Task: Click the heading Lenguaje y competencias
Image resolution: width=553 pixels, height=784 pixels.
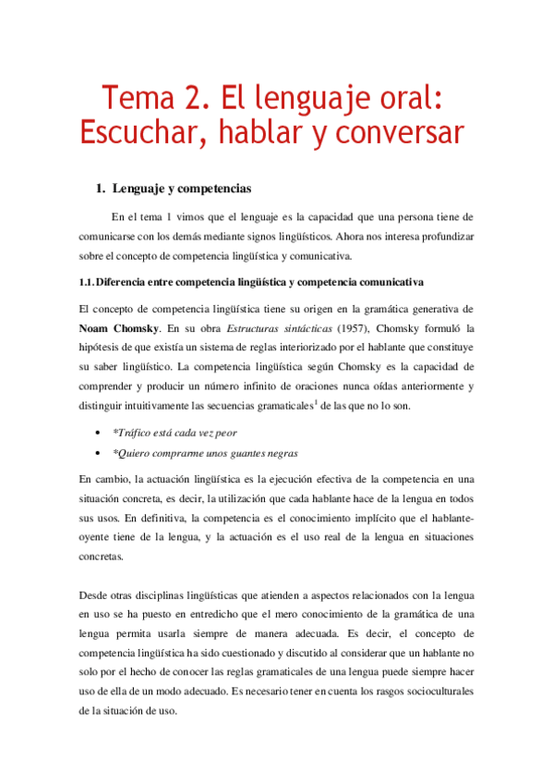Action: pyautogui.click(x=181, y=189)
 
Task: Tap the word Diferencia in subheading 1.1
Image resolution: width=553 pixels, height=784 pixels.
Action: pyautogui.click(x=127, y=281)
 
